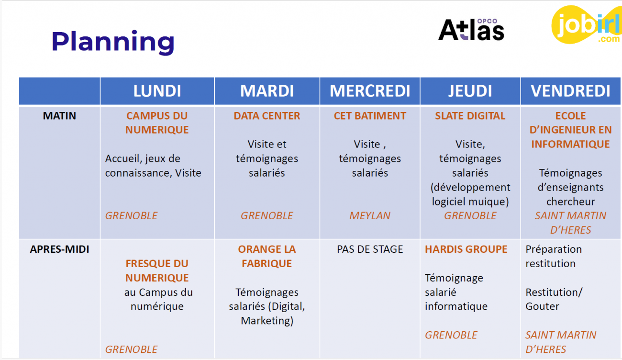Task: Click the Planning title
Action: pos(113,42)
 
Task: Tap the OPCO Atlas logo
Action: pos(471,30)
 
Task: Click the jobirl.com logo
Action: pos(587,25)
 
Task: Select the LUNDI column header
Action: pos(157,91)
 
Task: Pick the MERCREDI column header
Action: pos(370,91)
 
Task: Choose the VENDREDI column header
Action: pos(570,91)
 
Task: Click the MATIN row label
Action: pos(59,116)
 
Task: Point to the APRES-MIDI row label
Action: pos(59,249)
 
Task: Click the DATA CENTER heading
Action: pos(267,116)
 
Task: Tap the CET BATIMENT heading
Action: pos(370,116)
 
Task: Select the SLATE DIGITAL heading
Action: pos(470,116)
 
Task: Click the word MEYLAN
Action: pos(370,216)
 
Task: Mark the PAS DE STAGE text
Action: pos(370,249)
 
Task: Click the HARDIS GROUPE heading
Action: pos(466,249)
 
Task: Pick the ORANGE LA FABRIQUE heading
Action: pos(267,257)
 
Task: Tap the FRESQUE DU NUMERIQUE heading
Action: pos(157,270)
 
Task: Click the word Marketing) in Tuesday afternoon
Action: pos(267,321)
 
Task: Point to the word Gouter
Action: pos(542,306)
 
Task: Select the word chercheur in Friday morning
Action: pos(571,202)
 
